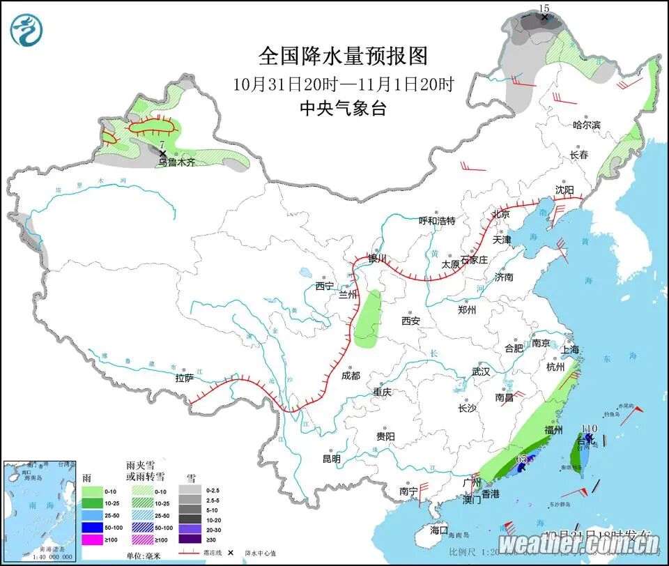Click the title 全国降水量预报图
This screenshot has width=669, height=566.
click(343, 55)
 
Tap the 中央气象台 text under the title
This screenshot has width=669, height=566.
click(343, 109)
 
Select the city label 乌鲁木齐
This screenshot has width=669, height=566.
click(176, 162)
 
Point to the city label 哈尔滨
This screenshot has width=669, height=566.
click(586, 125)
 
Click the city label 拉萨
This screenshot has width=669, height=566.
click(184, 378)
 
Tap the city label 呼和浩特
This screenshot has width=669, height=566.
click(436, 221)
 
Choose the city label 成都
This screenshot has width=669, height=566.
click(351, 376)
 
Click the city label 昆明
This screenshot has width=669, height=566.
click(331, 459)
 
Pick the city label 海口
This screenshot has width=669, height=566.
click(440, 530)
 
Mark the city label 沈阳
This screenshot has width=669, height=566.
click(564, 190)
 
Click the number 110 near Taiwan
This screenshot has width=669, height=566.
click(590, 428)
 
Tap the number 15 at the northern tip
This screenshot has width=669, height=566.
click(545, 8)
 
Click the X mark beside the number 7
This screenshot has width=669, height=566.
click(162, 153)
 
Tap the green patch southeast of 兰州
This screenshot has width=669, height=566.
click(368, 320)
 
